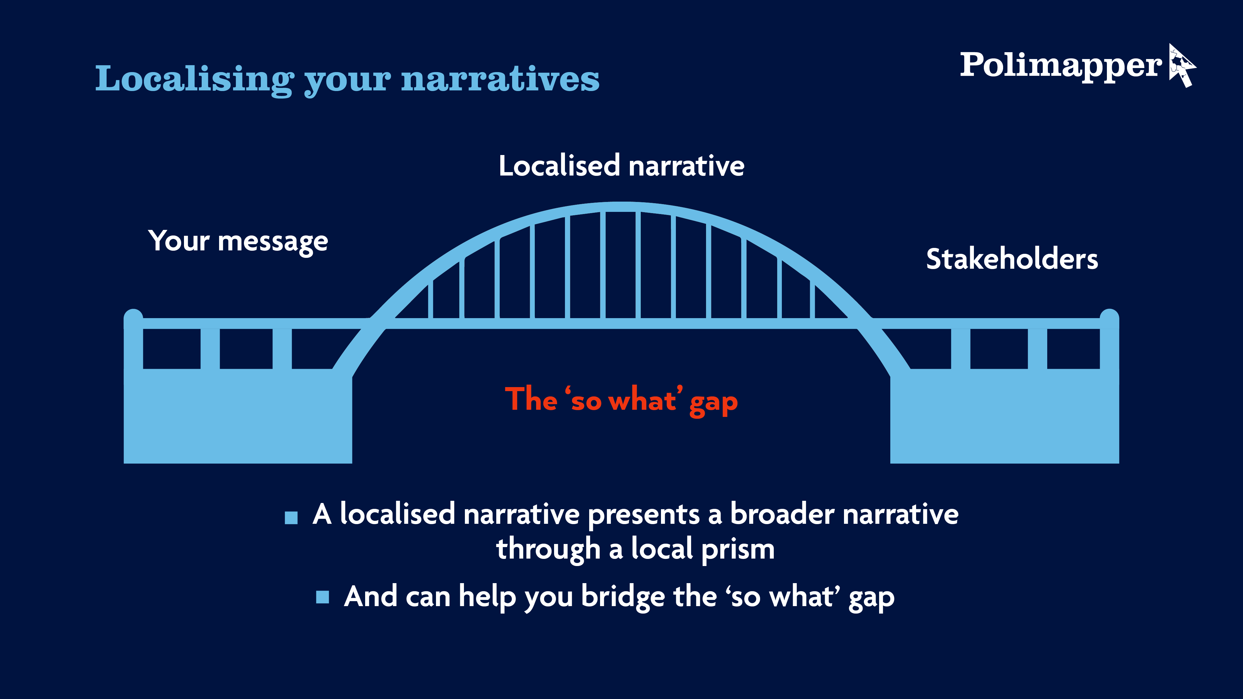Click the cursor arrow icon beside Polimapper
click(x=1182, y=66)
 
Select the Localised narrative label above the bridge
click(x=621, y=166)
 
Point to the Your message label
click(x=238, y=241)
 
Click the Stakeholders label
click(x=1012, y=259)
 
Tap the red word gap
click(x=713, y=401)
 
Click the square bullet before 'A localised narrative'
click(x=291, y=518)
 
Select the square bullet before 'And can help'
click(x=322, y=597)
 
